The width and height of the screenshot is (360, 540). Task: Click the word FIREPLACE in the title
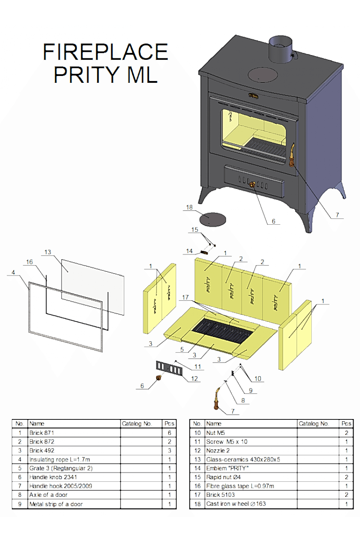pos(105,52)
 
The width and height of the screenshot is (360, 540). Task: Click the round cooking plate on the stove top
pos(263,75)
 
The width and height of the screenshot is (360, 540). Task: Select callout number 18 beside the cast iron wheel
pos(189,207)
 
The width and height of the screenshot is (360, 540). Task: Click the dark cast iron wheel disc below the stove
pos(213,219)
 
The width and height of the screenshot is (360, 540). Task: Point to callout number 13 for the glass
pos(48,252)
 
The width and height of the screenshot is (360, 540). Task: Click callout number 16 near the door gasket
pos(30,262)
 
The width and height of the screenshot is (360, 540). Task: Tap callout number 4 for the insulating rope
pos(13,272)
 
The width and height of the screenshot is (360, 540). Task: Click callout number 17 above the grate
pos(185,297)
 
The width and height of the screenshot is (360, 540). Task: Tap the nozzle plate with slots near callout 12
pos(169,368)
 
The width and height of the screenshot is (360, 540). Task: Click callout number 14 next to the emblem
pos(189,251)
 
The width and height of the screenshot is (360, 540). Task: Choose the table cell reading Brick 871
pos(42,433)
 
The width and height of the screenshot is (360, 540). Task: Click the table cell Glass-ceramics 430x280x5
pos(243,459)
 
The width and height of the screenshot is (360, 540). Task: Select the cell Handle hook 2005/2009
pos(60,486)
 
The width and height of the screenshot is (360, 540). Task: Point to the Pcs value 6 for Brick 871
pos(169,433)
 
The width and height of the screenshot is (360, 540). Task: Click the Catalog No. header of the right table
pos(314,424)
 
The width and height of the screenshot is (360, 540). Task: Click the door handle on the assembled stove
pos(292,155)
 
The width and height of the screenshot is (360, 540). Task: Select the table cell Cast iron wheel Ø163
pos(236,504)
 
